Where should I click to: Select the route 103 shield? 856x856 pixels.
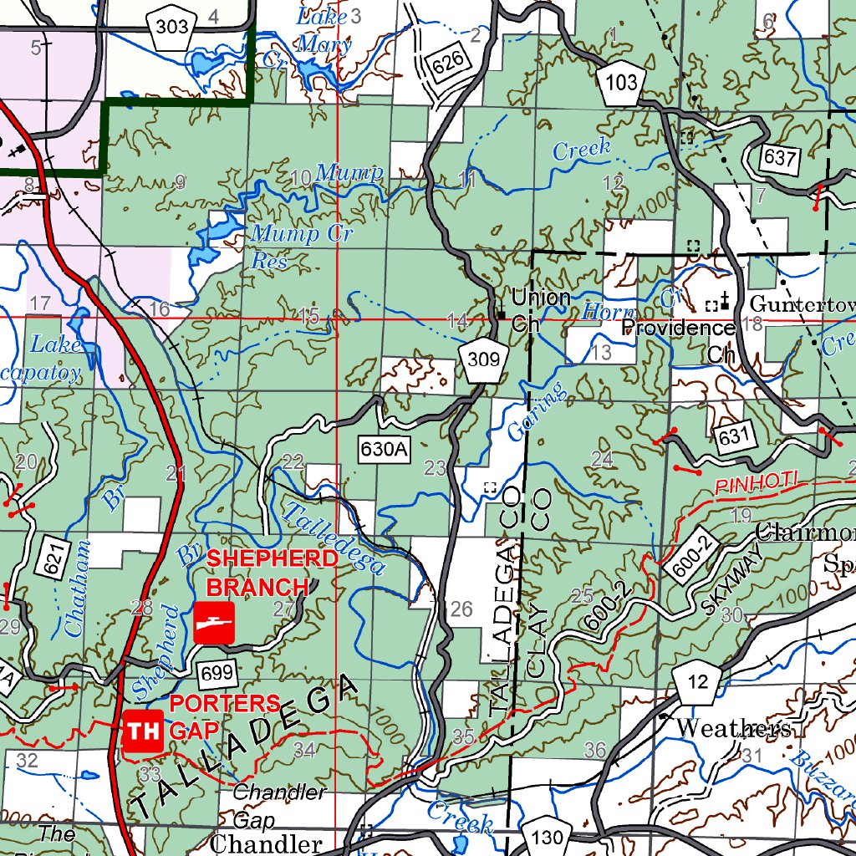622,83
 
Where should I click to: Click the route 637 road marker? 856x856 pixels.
781,157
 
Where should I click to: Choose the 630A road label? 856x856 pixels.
385,450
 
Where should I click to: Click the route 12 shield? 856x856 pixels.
697,683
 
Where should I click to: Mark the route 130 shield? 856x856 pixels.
548,838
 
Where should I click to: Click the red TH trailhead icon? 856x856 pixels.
142,732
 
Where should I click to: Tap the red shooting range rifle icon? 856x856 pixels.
214,623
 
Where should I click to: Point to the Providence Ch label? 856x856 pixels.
679,339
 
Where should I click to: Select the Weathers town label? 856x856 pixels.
732,729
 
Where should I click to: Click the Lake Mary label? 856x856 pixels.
324,30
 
